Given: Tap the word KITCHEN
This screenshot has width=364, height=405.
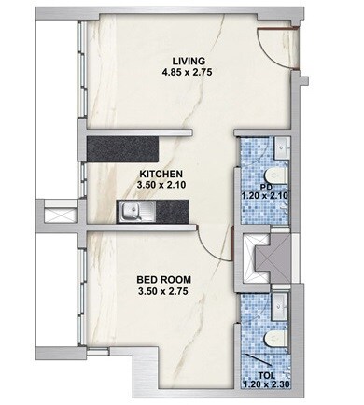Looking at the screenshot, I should pos(161,174).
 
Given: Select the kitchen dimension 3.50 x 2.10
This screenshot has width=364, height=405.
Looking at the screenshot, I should pos(161,186).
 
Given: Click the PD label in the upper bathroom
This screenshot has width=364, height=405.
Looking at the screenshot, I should pos(266,185).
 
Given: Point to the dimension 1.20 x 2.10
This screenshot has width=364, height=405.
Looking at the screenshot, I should pos(266,194).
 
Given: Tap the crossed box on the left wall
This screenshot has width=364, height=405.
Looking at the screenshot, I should pos(57,215).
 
